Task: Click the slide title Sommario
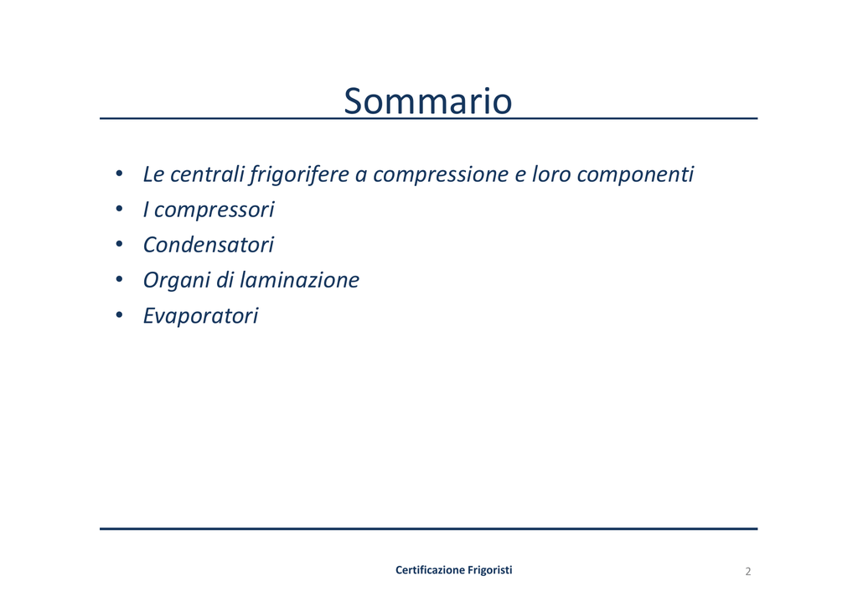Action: point(428,101)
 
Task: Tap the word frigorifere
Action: point(299,175)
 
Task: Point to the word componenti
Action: point(635,175)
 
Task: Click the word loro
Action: point(551,174)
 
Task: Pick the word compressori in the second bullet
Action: point(214,210)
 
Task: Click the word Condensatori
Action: point(209,245)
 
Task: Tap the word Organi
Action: point(177,281)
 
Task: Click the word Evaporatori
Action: point(201,316)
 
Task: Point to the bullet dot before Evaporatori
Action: point(119,314)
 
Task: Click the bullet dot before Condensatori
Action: point(119,244)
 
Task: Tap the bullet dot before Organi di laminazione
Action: point(119,279)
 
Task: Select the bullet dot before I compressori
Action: point(119,209)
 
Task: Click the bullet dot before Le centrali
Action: point(119,174)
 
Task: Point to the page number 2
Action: point(748,572)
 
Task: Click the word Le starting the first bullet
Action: point(154,174)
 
